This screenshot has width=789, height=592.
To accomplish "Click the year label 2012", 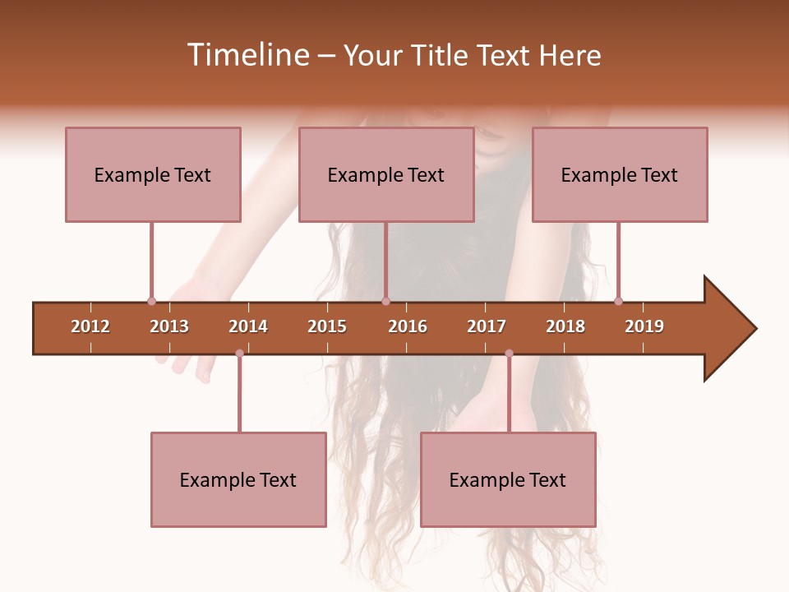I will pos(90,326).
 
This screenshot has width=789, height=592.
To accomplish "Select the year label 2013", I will pos(169,326).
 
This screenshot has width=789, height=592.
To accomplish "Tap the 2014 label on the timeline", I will pos(248,326).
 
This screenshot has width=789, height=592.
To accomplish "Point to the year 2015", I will pos(327,326).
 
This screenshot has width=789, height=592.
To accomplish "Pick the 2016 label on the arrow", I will pos(408,326).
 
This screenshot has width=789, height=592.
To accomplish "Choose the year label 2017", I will pos(487,326).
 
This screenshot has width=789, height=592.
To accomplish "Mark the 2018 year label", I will pos(565,326).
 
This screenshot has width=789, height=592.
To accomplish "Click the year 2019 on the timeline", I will pos(644,326).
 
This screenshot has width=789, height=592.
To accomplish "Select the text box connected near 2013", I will pos(153,174).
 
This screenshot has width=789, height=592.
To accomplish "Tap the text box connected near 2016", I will pos(386,174).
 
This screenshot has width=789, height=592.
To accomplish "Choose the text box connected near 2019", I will pos(620,174).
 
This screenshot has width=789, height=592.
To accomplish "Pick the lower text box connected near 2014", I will pos(238,479).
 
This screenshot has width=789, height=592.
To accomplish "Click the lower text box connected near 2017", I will pos(508,479).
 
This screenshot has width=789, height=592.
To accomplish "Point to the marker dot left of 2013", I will pos(151,301).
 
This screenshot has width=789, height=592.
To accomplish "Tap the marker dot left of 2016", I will pos(385,301).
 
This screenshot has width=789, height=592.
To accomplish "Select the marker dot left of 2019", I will pos(618,301).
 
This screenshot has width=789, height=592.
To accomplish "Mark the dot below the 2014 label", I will pos(239,353).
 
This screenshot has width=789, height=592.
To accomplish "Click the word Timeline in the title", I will pos(246,55).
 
